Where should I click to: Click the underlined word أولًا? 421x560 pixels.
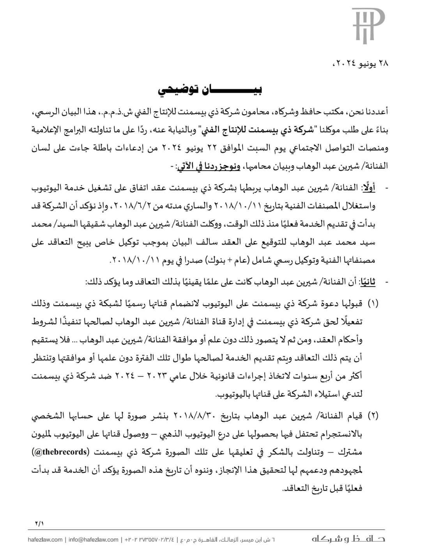(x=368, y=188)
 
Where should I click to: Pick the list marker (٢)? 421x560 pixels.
(x=373, y=416)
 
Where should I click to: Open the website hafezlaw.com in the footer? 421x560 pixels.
(x=45, y=540)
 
